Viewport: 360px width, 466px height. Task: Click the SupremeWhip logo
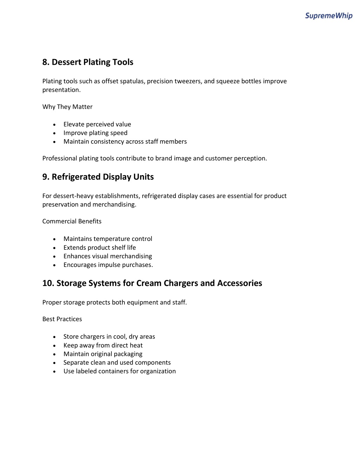click(x=328, y=15)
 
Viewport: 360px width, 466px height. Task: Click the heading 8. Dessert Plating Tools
click(x=88, y=62)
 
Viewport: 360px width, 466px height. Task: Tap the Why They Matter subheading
click(x=67, y=107)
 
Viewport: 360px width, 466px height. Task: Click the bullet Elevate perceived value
click(x=97, y=124)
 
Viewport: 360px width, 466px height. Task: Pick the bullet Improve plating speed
click(x=95, y=133)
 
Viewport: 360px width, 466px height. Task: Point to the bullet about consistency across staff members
click(x=125, y=141)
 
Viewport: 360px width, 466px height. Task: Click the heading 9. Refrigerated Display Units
click(x=98, y=177)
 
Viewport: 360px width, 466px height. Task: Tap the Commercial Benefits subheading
click(x=72, y=221)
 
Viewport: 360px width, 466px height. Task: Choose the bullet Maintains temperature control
click(x=108, y=239)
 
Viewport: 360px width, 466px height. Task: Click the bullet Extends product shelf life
click(x=99, y=248)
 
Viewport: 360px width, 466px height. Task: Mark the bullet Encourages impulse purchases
click(x=108, y=265)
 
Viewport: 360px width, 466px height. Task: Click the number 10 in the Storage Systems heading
click(x=47, y=283)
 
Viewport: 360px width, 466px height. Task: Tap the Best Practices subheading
click(x=62, y=319)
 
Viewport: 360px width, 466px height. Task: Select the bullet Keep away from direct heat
click(x=103, y=345)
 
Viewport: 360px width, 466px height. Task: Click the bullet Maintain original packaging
click(x=103, y=354)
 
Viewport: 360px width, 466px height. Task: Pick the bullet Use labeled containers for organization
click(x=119, y=371)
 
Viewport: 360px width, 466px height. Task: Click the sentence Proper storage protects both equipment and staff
click(x=114, y=302)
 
